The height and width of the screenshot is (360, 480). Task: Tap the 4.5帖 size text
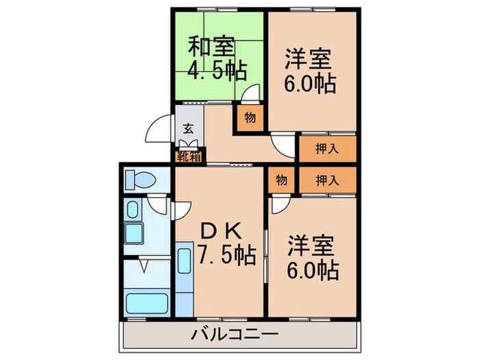217,69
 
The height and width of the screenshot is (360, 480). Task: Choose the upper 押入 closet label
326,149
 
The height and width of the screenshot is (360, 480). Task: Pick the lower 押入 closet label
326,180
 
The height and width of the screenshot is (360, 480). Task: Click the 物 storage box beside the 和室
250,117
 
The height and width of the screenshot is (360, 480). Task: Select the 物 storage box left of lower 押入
281,180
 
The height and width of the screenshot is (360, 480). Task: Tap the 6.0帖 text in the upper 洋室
311,84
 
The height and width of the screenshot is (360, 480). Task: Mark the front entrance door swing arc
160,130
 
